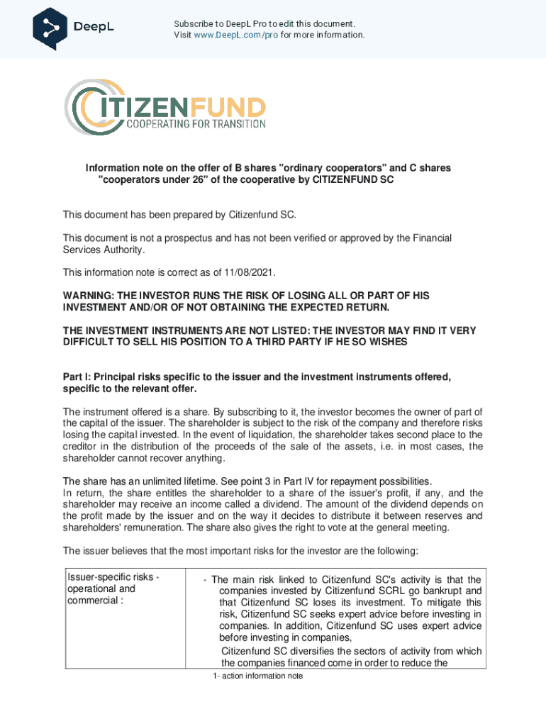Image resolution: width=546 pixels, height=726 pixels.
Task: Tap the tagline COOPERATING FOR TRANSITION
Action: coord(196,124)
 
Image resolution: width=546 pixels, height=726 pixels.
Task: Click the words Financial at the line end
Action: coord(429,238)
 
